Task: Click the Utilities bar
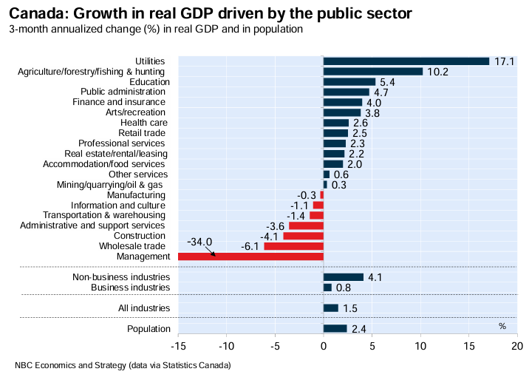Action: [x=406, y=61]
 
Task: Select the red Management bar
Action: [x=251, y=257]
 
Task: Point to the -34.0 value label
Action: [x=199, y=242]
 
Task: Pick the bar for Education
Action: [x=349, y=82]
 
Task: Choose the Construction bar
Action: [x=304, y=236]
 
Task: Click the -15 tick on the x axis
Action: [x=177, y=345]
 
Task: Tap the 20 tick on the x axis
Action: [x=517, y=345]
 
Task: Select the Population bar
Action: [x=335, y=328]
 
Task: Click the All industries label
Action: [x=144, y=308]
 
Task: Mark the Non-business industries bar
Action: [x=344, y=277]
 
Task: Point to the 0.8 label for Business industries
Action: [x=343, y=288]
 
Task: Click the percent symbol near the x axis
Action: [x=502, y=325]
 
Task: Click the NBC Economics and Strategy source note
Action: [x=123, y=366]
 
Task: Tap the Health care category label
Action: [x=143, y=123]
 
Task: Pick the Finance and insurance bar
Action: [x=343, y=102]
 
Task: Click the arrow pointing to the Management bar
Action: [x=211, y=252]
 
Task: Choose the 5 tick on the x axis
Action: [x=372, y=345]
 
